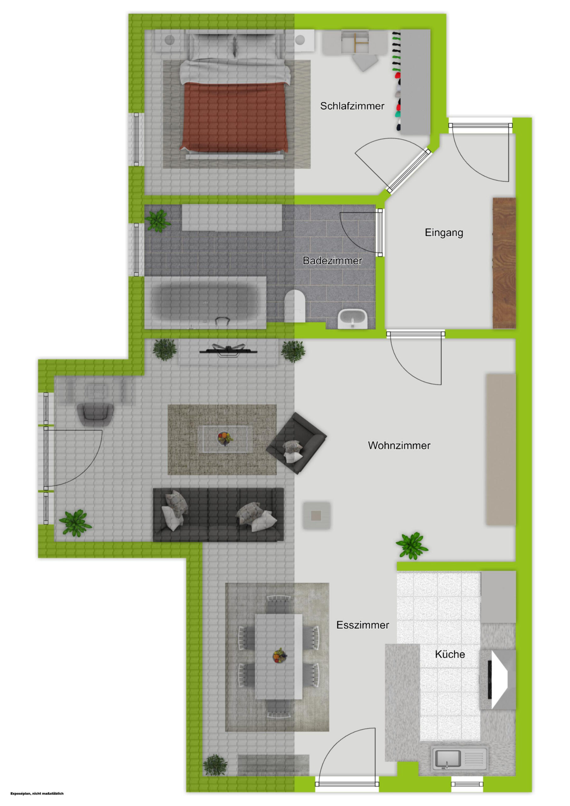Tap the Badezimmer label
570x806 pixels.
pyautogui.click(x=332, y=261)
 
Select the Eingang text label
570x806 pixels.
pyautogui.click(x=444, y=233)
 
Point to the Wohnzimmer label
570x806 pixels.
pyautogui.click(x=399, y=446)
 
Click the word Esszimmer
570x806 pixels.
pyautogui.click(x=362, y=625)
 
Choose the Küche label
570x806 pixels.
pyautogui.click(x=450, y=654)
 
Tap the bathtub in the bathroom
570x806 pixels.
pyautogui.click(x=205, y=303)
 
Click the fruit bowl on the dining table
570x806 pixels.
pyautogui.click(x=280, y=656)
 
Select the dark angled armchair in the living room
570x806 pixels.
pyautogui.click(x=296, y=444)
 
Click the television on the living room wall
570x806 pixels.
pyautogui.click(x=228, y=350)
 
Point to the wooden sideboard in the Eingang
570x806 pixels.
pyautogui.click(x=504, y=263)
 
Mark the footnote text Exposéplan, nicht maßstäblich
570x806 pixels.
pyautogui.click(x=37, y=793)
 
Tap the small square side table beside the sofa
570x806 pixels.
pyautogui.click(x=316, y=515)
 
